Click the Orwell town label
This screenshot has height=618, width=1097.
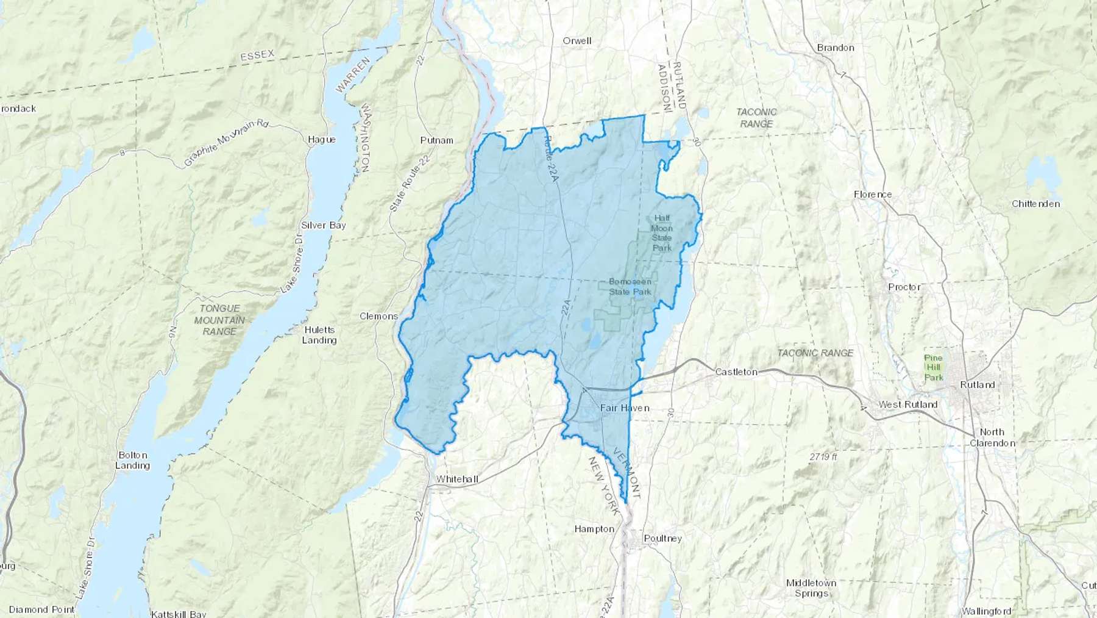577,41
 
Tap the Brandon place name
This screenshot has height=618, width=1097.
835,48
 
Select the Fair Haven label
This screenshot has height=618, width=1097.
625,408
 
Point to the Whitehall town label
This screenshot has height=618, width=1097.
457,479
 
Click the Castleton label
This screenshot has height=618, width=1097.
736,372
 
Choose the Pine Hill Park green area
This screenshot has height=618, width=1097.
933,367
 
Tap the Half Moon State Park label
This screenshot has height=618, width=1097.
662,232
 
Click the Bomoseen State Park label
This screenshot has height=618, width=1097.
630,287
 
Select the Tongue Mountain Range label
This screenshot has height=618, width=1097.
219,320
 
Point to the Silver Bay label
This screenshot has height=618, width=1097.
323,225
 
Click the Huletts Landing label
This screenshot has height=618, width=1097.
319,335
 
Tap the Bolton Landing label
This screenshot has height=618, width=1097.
132,460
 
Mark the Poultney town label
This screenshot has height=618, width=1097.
663,538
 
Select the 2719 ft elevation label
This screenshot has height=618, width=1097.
823,456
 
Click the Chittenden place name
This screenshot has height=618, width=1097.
1035,204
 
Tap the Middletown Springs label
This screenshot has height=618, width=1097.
811,587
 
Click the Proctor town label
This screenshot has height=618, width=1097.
904,287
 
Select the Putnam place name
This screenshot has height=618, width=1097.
436,140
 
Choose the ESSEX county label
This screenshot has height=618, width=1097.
257,56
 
